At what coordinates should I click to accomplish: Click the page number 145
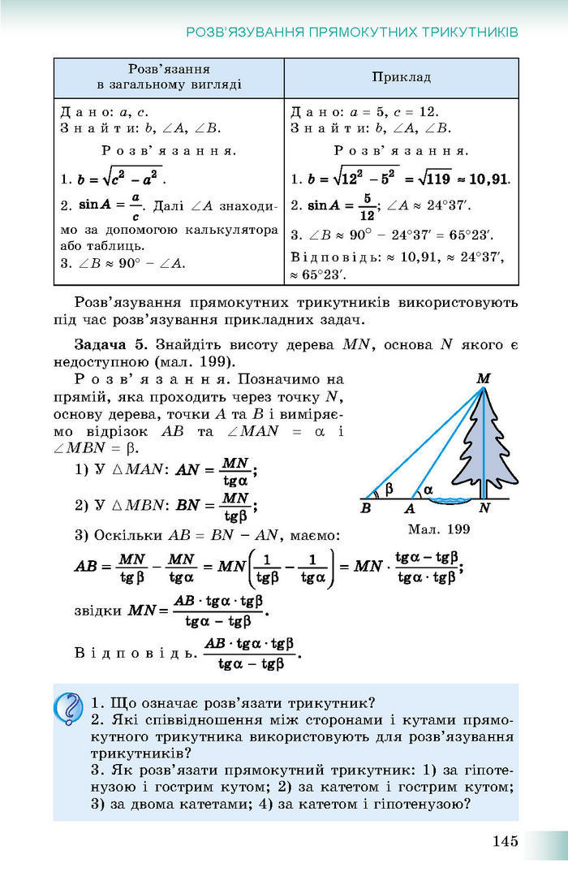pyautogui.click(x=504, y=841)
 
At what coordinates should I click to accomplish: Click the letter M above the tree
pyautogui.click(x=484, y=378)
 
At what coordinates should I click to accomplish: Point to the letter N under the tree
pyautogui.click(x=484, y=508)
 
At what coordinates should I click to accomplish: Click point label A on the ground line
pyautogui.click(x=409, y=508)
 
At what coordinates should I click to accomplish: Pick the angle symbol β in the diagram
pyautogui.click(x=389, y=488)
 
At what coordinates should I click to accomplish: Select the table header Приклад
pyautogui.click(x=401, y=77)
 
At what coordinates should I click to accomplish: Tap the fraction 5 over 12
pyautogui.click(x=368, y=208)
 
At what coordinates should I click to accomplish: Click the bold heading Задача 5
pyautogui.click(x=111, y=344)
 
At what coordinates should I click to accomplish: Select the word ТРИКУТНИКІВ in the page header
pyautogui.click(x=470, y=32)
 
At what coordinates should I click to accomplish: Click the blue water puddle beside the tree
pyautogui.click(x=452, y=499)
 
